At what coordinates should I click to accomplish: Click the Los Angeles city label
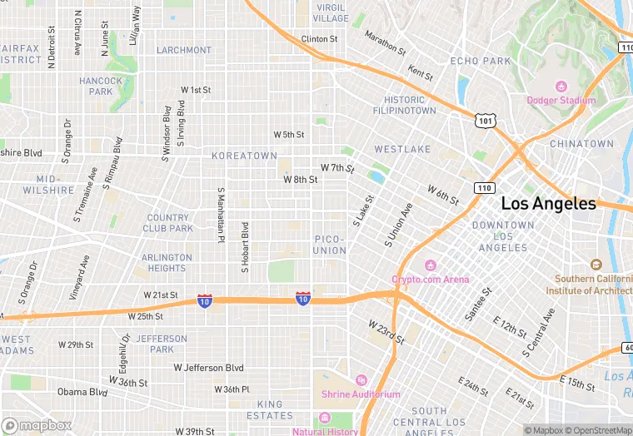[548, 204]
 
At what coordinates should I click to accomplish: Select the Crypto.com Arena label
[431, 279]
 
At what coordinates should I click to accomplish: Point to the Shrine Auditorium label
[366, 394]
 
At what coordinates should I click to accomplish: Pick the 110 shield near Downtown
[484, 188]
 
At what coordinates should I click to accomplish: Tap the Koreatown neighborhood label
[244, 156]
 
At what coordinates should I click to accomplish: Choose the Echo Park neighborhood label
[481, 61]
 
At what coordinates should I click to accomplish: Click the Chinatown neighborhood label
[581, 143]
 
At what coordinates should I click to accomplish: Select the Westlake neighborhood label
[402, 149]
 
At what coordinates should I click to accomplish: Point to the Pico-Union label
[330, 245]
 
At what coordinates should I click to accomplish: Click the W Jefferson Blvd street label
[209, 367]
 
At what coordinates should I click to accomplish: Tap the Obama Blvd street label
[82, 392]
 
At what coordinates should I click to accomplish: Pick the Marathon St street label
[385, 43]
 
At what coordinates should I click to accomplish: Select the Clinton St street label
[319, 39]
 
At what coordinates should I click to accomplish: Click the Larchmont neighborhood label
[184, 50]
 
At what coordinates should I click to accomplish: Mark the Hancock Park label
[101, 86]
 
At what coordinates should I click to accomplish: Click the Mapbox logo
[37, 425]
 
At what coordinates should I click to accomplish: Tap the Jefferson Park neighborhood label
[162, 344]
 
